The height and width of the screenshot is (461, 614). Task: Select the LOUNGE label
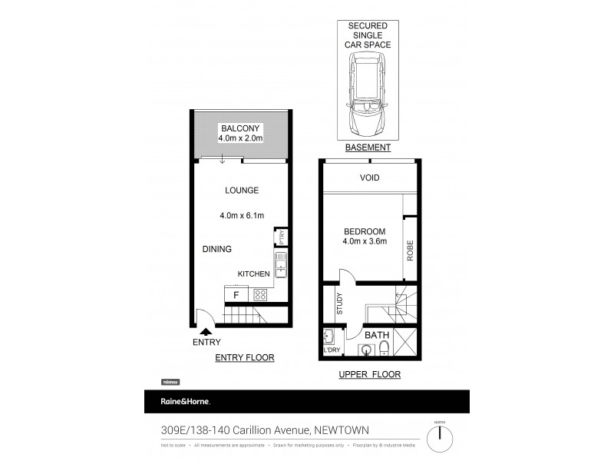[x=241, y=191]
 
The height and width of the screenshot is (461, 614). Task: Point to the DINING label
[x=217, y=249]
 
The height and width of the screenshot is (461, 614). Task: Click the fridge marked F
[x=236, y=293]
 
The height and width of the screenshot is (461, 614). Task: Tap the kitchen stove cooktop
[x=260, y=294]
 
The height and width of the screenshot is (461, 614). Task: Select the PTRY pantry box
[x=282, y=237]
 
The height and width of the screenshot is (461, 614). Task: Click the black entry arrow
[x=203, y=331]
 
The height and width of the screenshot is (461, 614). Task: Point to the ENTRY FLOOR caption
[x=244, y=358]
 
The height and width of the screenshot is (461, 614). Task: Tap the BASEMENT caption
[x=368, y=148]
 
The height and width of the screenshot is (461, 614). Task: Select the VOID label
[x=370, y=178]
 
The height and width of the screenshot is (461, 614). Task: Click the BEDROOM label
[x=365, y=231]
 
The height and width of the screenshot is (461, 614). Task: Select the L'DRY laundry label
[x=332, y=351]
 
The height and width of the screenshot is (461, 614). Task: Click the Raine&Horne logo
[x=184, y=402]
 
